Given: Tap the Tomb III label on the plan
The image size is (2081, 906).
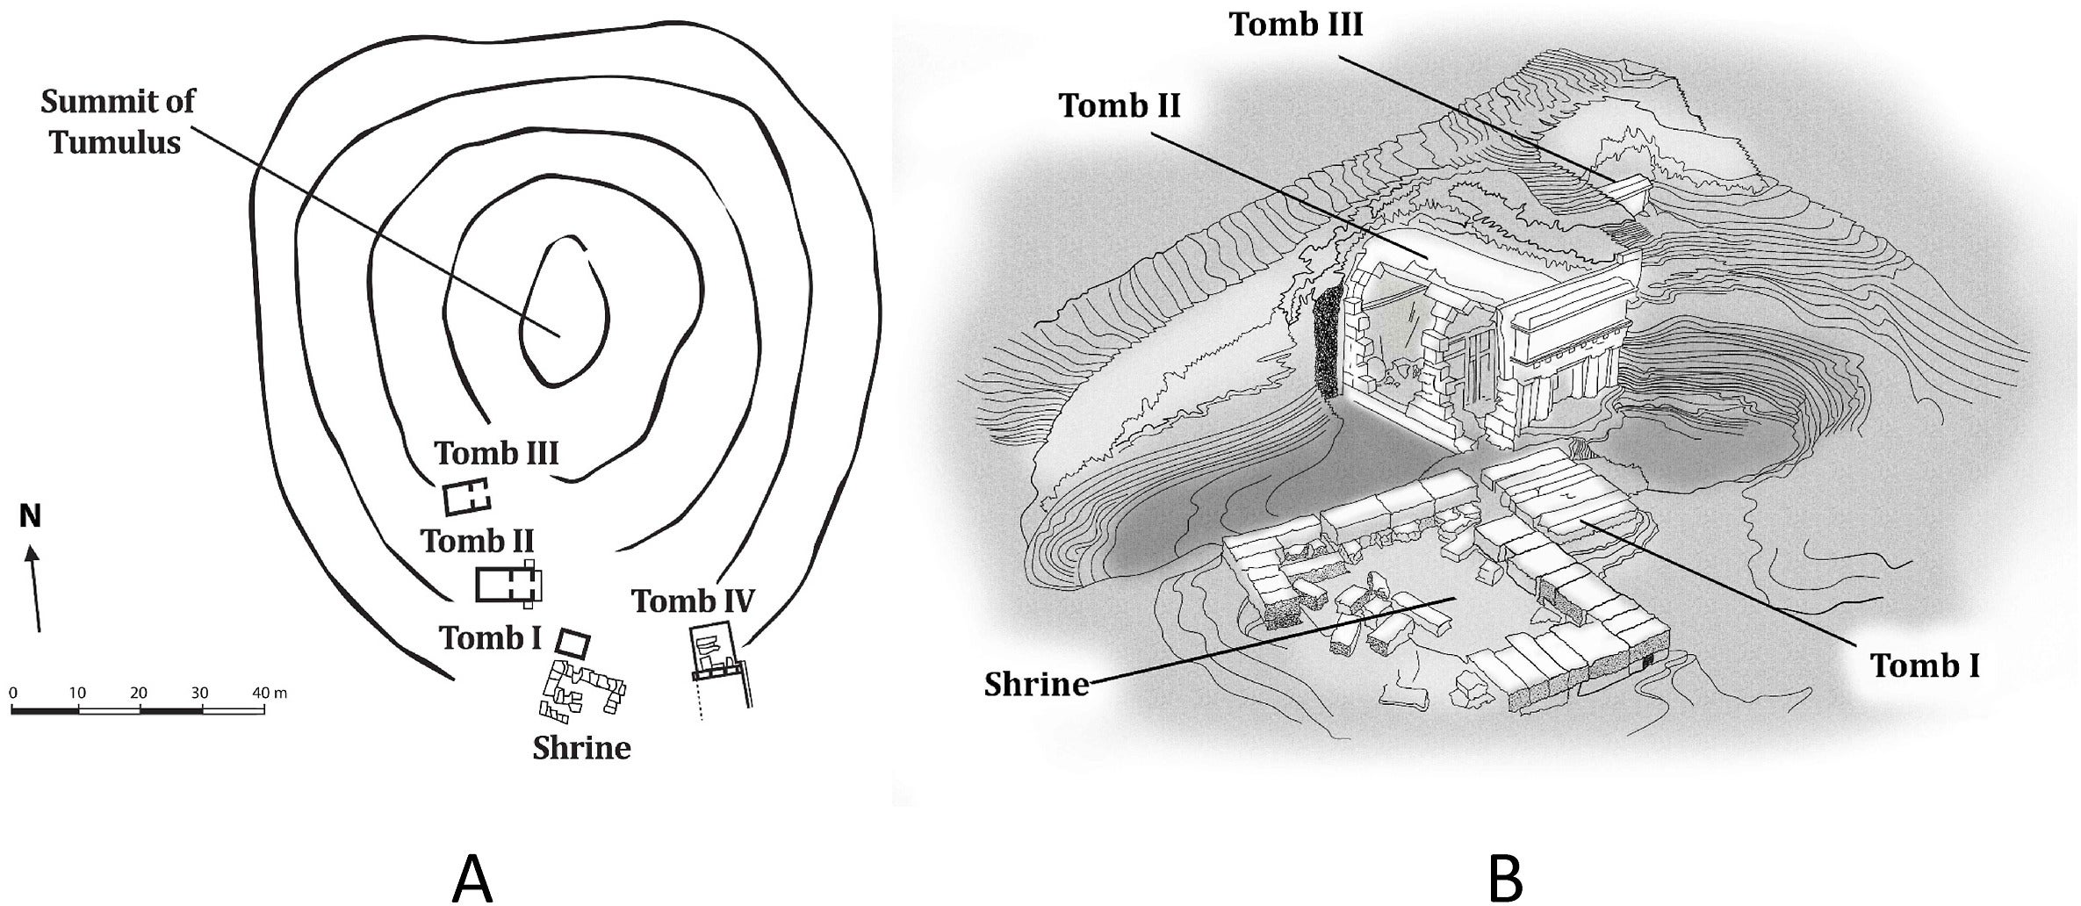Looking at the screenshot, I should (x=496, y=453).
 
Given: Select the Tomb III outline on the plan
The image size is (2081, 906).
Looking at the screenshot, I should (x=466, y=498).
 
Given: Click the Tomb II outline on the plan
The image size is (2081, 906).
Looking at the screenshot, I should (x=508, y=584).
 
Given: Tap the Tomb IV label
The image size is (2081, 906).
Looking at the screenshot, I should (x=693, y=601).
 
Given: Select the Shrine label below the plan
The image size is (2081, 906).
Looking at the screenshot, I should (x=581, y=748).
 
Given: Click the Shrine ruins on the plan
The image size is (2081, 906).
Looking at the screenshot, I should (x=583, y=690).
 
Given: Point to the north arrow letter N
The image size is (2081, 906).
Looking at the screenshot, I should (x=30, y=517).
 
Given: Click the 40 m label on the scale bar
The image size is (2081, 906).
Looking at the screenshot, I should (x=269, y=693).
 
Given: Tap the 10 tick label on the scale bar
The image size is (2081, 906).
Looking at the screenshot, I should (x=77, y=693).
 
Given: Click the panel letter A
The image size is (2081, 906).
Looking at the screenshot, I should (x=472, y=879).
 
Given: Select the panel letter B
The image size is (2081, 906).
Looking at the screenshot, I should (x=1505, y=879).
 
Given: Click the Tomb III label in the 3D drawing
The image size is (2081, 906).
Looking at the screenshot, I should (x=1295, y=25).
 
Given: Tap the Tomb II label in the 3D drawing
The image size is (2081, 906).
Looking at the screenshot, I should (x=1120, y=105).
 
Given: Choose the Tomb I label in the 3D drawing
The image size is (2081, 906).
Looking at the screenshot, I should (x=1925, y=665).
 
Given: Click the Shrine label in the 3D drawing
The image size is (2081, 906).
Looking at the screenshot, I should (x=1036, y=684).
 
